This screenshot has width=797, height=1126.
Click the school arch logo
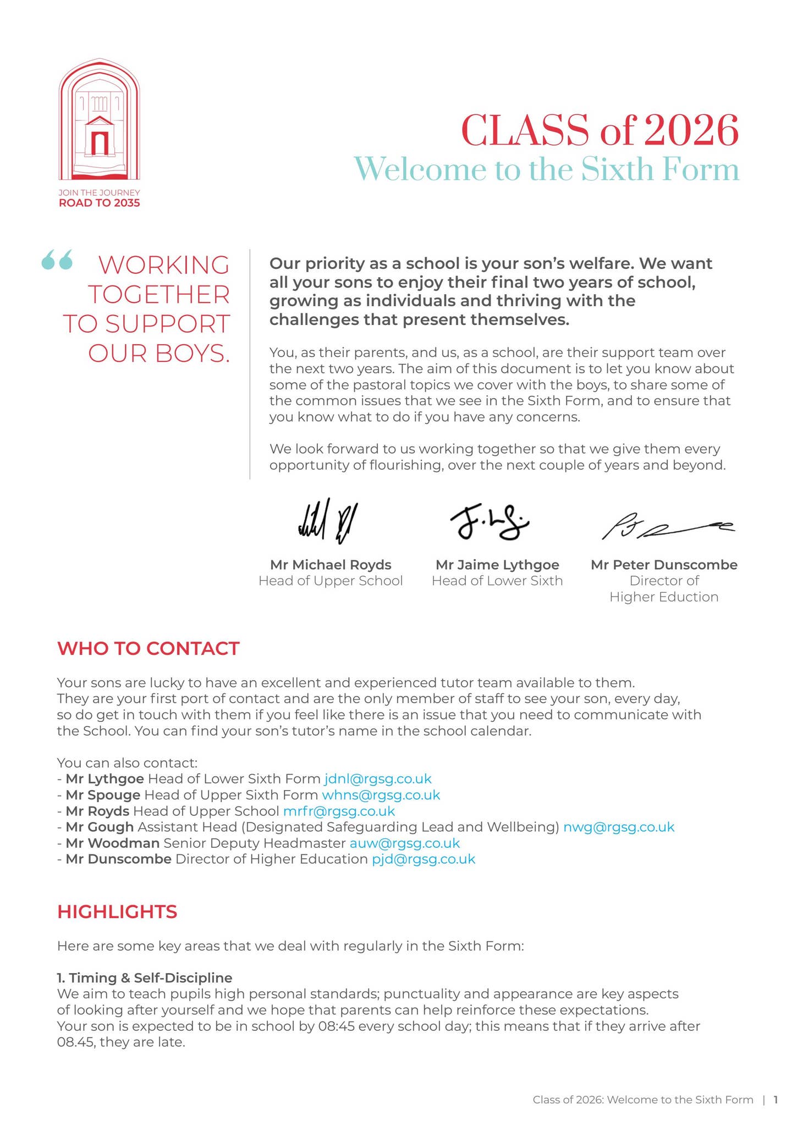tap(99, 120)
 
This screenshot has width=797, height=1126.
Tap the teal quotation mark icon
tap(57, 260)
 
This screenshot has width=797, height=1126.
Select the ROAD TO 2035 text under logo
tap(99, 203)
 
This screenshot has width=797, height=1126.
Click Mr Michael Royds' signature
tap(329, 521)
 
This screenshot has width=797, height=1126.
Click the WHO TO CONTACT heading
tap(149, 648)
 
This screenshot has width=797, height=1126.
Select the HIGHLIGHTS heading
tap(117, 912)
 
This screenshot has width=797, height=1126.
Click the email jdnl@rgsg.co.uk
tap(378, 779)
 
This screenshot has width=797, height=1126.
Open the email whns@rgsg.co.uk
tap(381, 794)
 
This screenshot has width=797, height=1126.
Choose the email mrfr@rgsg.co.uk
tap(339, 811)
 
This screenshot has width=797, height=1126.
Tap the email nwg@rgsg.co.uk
tap(619, 827)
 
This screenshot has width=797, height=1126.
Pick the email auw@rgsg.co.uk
tap(404, 843)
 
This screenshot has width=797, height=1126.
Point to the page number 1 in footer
tap(776, 1100)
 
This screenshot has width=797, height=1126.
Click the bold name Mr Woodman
tap(112, 843)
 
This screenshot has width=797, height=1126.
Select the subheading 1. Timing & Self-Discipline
tap(145, 978)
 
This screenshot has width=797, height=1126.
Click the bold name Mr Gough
tap(100, 827)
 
